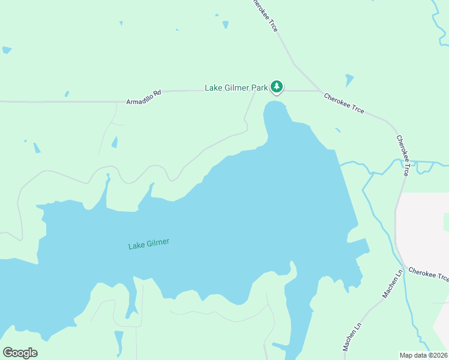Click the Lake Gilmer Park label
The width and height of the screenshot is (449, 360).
(236, 88)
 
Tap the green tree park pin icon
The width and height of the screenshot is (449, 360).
(276, 87)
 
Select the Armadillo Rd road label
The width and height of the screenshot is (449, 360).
(144, 97)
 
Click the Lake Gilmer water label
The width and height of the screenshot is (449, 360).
(149, 244)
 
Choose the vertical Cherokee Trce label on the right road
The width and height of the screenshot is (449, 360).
(402, 155)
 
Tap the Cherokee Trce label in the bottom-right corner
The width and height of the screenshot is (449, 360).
(428, 275)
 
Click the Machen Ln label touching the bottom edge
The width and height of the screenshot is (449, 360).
(351, 338)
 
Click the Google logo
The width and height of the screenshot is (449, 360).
(20, 353)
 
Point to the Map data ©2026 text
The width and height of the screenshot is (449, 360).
(423, 355)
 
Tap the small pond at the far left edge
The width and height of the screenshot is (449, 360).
(6, 50)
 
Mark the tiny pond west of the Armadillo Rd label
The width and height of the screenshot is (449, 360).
(67, 94)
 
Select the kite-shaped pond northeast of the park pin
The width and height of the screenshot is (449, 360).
(349, 80)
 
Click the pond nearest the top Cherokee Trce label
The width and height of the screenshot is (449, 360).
(226, 25)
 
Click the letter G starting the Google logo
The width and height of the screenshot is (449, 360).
(8, 353)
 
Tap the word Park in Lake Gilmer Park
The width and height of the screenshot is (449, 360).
(259, 88)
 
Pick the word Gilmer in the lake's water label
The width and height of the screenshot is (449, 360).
(157, 243)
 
